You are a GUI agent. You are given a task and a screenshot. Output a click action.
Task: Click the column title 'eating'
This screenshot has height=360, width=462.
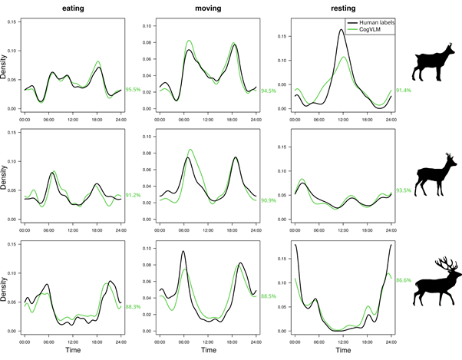[74, 8]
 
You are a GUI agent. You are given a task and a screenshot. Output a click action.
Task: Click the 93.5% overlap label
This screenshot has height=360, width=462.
[402, 190]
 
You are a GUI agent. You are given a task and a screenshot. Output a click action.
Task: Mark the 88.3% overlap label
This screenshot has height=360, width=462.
[135, 307]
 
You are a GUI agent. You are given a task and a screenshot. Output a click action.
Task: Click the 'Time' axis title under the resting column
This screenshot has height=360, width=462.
[332, 349]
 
